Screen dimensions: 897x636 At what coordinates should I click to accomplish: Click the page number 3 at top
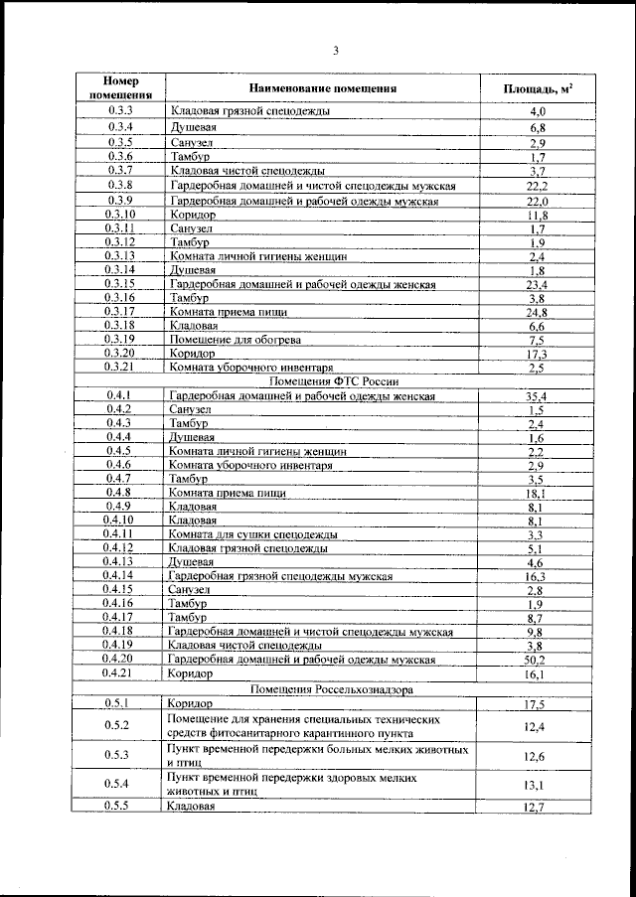[336, 51]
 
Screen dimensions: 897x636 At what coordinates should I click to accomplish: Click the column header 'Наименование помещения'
[323, 88]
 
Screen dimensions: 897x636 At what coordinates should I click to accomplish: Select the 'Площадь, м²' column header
[538, 88]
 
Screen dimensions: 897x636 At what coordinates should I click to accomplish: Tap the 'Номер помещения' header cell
[119, 88]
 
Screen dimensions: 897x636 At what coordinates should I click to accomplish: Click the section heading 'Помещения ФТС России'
[322, 380]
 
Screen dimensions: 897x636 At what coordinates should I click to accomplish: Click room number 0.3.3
[119, 112]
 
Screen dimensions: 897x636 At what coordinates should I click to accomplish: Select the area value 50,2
[538, 660]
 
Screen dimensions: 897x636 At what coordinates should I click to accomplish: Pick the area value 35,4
[538, 395]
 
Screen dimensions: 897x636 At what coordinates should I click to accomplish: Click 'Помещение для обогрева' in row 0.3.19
[221, 339]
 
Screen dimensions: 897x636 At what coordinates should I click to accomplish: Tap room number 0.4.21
[119, 673]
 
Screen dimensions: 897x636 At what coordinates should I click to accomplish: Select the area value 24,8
[538, 311]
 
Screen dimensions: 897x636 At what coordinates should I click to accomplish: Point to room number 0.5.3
[119, 756]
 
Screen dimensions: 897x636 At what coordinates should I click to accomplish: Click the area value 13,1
[538, 785]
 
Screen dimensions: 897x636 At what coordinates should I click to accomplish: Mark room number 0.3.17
[119, 311]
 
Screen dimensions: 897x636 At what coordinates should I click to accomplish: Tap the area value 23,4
[538, 284]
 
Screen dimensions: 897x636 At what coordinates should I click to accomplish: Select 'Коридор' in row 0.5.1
[190, 703]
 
